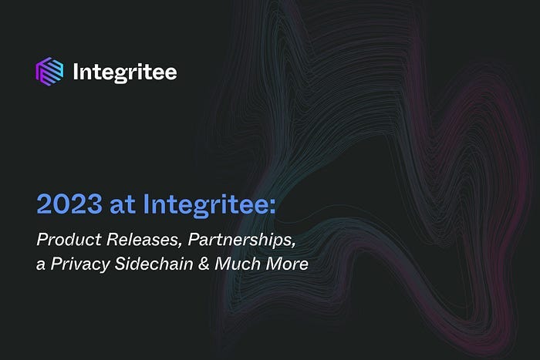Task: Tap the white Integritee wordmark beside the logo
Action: pyautogui.click(x=124, y=73)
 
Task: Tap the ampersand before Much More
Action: pyautogui.click(x=192, y=263)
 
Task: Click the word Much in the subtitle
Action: pyautogui.click(x=223, y=263)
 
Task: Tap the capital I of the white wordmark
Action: pyautogui.click(x=76, y=73)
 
